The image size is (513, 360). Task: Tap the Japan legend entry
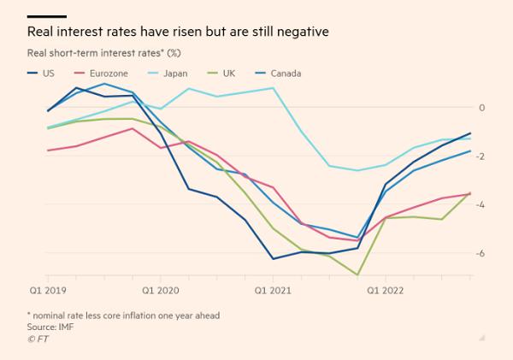174,74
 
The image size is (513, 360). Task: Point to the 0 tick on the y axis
482,107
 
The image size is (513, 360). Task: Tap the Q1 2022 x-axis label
384,290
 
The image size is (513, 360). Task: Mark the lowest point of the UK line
357,275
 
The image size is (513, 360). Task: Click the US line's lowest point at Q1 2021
274,258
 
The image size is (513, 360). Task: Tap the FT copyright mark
38,339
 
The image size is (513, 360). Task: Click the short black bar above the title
47,16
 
